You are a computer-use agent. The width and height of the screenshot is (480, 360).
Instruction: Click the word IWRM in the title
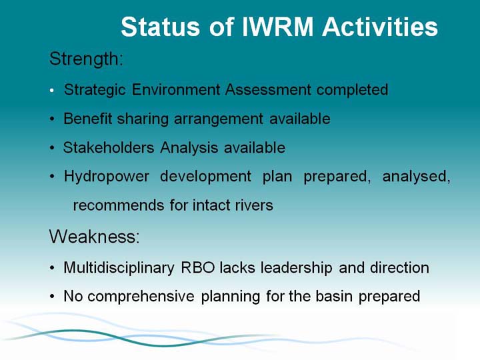tap(277, 27)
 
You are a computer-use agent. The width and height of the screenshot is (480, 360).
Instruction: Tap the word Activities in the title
tap(380, 27)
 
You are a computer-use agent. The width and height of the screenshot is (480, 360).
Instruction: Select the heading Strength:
tap(86, 59)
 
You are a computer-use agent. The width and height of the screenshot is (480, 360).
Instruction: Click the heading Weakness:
tap(94, 236)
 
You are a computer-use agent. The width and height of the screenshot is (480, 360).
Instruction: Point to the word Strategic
tap(95, 91)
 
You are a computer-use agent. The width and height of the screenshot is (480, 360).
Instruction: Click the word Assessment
tap(268, 90)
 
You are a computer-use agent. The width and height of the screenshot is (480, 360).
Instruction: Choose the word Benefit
tap(88, 119)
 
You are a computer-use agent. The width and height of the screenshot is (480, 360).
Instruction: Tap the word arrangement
tap(219, 119)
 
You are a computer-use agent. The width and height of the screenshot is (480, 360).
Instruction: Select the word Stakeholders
tap(109, 147)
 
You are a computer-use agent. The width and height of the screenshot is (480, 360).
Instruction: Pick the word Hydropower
tap(107, 177)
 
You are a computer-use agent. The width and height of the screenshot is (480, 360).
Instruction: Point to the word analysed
tap(416, 177)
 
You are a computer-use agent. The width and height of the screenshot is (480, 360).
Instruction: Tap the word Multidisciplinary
tap(119, 268)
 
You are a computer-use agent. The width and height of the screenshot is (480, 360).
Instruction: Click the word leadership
tap(296, 268)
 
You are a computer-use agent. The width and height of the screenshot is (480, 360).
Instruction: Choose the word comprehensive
tap(141, 297)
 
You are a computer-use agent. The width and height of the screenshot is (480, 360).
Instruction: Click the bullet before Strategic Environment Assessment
tap(52, 90)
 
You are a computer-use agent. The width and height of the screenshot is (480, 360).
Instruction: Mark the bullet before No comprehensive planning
tap(52, 297)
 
